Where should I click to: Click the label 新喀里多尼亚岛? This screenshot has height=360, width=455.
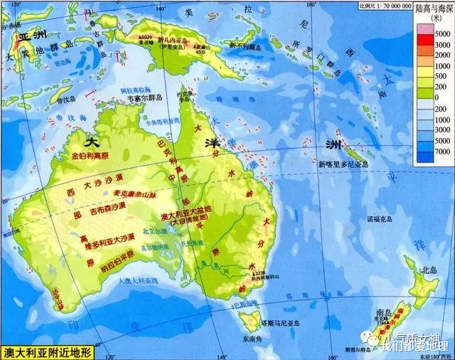point(344,165)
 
